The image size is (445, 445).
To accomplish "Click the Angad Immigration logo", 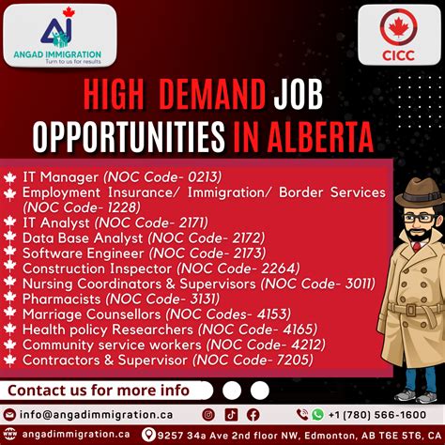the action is point(58,35).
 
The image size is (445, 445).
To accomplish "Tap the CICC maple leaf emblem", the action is point(398,27).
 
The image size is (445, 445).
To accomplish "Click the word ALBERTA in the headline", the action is point(320,137).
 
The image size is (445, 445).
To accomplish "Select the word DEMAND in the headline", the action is point(212,95).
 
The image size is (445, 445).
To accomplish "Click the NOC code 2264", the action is point(278,269).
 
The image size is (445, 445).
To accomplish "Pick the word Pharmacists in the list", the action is point(61,299).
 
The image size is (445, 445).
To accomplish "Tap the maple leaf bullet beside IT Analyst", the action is point(10,222).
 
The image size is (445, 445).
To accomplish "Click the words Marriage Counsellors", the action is point(91,315).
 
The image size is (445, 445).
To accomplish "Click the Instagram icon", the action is point(208,415).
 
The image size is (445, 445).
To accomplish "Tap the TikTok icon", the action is point(231,415).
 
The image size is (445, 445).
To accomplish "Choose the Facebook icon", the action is point(253,415).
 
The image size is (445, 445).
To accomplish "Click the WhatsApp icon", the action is point(317,415).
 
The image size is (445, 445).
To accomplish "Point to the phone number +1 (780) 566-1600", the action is point(377,415).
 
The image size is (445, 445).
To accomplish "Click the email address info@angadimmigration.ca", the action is point(96,415).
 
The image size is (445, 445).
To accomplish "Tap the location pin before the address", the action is point(148,435).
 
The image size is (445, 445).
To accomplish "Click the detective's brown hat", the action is point(421,192).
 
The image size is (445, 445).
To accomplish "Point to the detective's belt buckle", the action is point(411,311).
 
